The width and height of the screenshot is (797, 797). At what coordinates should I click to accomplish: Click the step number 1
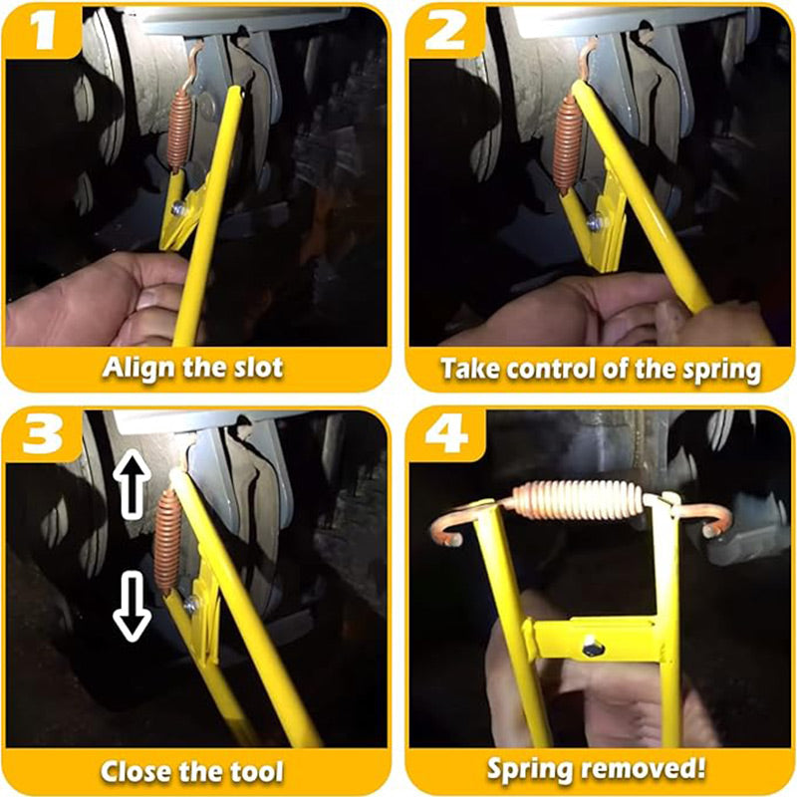pyautogui.click(x=44, y=31)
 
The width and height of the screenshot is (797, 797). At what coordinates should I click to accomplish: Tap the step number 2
pyautogui.click(x=445, y=31)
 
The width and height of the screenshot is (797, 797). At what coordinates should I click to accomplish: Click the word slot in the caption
pyautogui.click(x=258, y=368)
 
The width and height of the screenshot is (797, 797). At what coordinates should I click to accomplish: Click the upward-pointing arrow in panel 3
pyautogui.click(x=132, y=483)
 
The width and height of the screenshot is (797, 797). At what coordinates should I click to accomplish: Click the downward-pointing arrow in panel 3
pyautogui.click(x=132, y=606)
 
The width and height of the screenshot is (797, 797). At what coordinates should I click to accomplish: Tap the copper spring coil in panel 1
pyautogui.click(x=180, y=131)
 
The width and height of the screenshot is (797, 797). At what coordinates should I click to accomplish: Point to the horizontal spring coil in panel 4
pyautogui.click(x=579, y=501)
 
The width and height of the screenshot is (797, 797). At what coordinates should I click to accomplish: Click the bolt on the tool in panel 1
pyautogui.click(x=178, y=208)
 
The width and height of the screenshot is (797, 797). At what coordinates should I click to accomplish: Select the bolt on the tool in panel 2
pyautogui.click(x=593, y=222)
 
